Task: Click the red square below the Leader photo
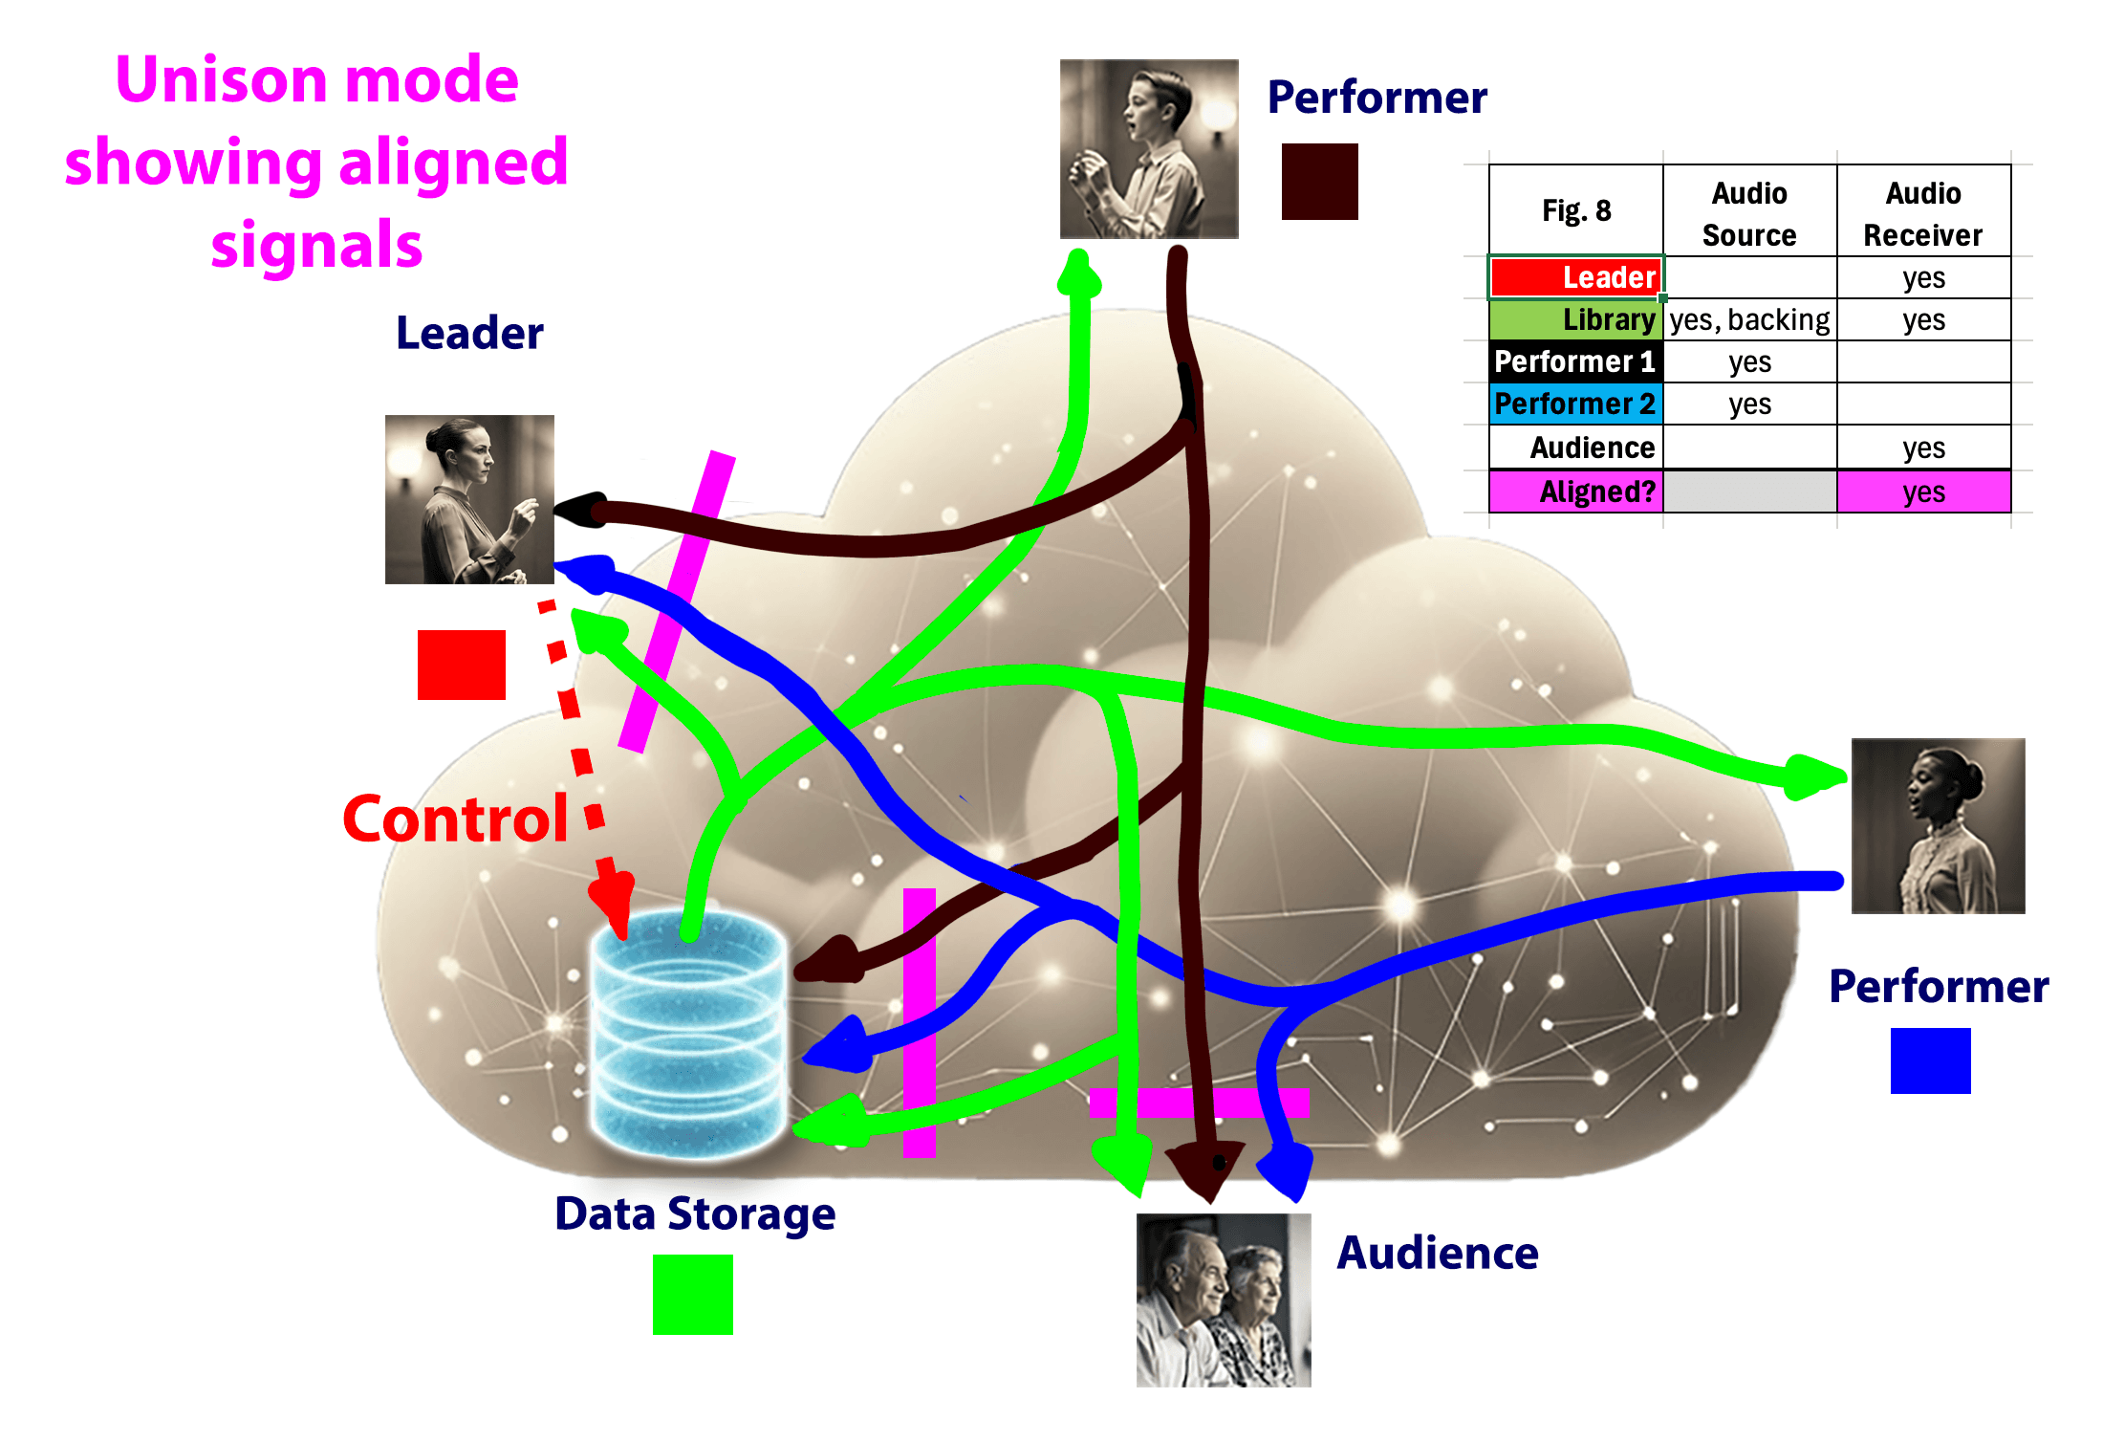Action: tap(461, 665)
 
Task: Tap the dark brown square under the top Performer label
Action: tap(1319, 182)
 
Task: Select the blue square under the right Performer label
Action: tap(1930, 1060)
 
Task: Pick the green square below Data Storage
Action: tap(692, 1294)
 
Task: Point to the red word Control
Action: tap(455, 819)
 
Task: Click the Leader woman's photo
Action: tap(469, 499)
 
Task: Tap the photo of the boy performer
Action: tap(1149, 149)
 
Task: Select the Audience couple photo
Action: tap(1224, 1300)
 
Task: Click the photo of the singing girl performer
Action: tap(1938, 826)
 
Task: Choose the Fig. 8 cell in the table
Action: tap(1576, 210)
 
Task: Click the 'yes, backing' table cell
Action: tap(1749, 319)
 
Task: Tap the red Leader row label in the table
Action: tap(1576, 277)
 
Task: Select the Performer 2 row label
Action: tap(1576, 404)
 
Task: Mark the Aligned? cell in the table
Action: tap(1576, 492)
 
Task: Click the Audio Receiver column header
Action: tap(1923, 213)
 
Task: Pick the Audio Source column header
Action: tap(1749, 213)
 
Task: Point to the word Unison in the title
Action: tap(222, 79)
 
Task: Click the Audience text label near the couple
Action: tap(1438, 1253)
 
